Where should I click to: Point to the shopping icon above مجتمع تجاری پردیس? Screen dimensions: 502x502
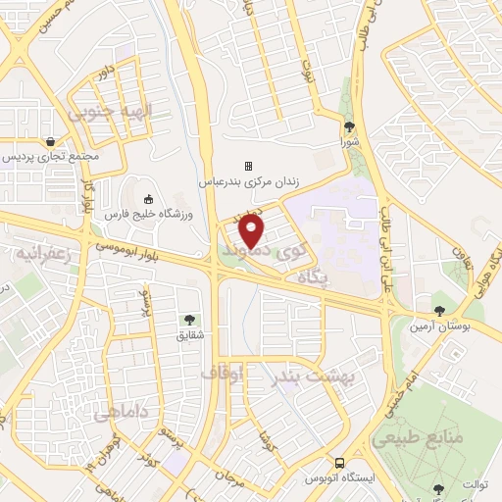point(50,141)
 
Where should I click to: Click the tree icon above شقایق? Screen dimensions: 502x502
point(188,319)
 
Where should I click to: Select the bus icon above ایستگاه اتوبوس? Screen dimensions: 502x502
point(339,462)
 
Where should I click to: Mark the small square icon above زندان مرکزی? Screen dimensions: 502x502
point(248,165)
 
